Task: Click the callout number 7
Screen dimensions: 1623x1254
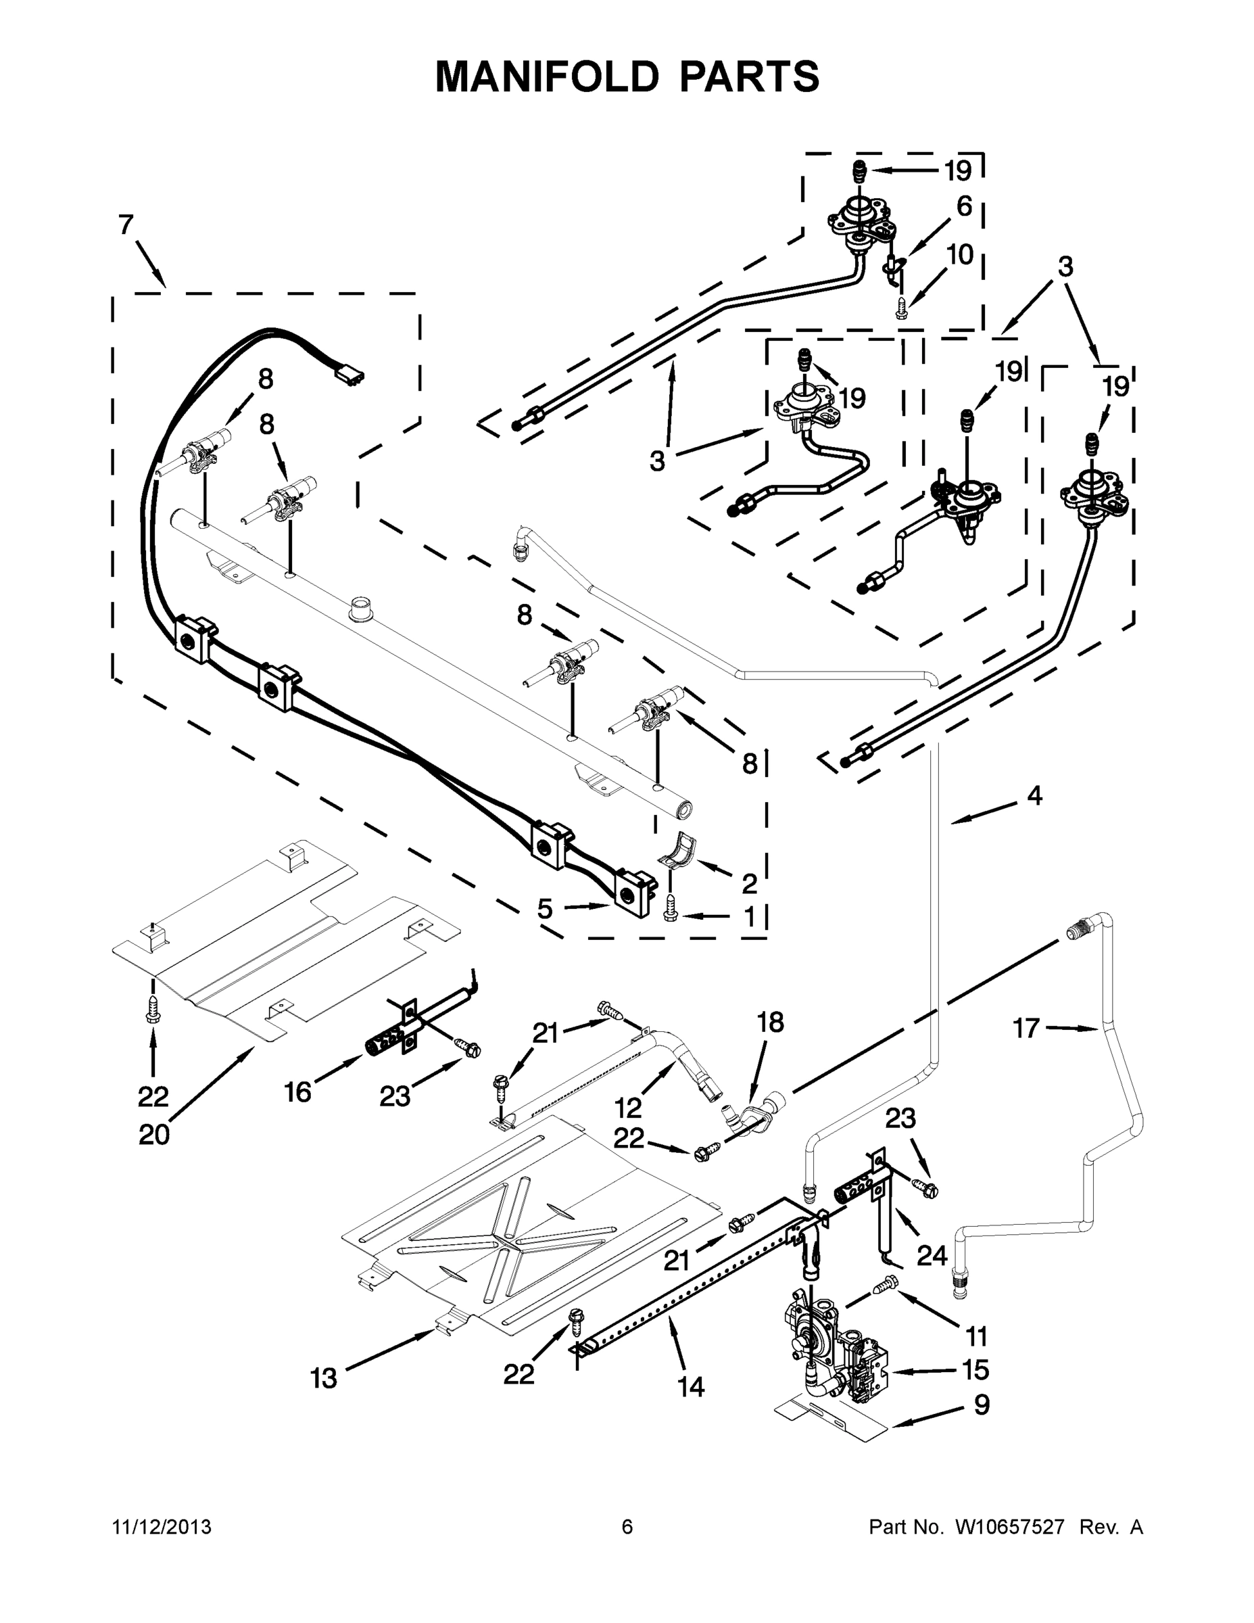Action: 126,225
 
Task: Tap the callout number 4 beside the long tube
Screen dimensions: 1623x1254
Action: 1034,796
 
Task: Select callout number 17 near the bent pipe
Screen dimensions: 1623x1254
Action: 1026,1029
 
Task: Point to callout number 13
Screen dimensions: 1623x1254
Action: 323,1378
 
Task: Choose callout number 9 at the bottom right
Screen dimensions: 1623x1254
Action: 982,1405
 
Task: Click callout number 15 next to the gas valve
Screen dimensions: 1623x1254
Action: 975,1369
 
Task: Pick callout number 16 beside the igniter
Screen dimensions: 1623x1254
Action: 297,1091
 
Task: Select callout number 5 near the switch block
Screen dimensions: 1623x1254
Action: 545,908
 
